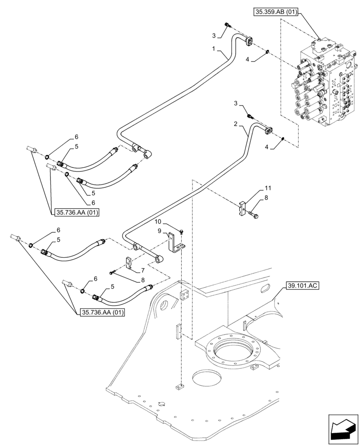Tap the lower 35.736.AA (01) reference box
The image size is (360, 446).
tap(102, 313)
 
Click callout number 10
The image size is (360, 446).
tap(158, 222)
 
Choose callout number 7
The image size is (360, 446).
tap(143, 270)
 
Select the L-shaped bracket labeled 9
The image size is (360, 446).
tap(174, 243)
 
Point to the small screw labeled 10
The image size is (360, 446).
tap(182, 231)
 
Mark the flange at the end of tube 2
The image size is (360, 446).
tap(269, 130)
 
